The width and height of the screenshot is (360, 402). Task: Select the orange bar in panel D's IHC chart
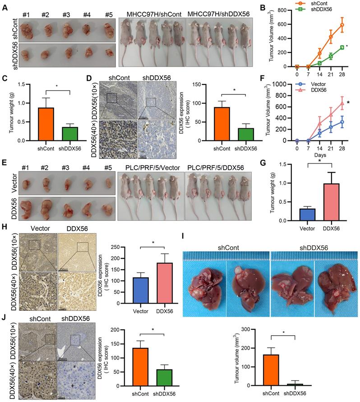click(x=221, y=124)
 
